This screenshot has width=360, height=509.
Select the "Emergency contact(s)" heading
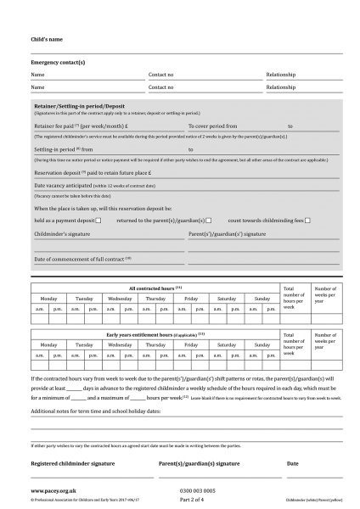tap(58, 64)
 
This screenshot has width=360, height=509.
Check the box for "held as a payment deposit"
tap(98, 220)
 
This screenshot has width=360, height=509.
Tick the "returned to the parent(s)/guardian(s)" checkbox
tap(208, 220)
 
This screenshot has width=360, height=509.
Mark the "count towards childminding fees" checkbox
tap(307, 220)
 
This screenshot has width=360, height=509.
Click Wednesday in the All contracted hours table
tap(120, 299)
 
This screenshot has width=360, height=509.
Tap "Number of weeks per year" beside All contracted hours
tap(326, 294)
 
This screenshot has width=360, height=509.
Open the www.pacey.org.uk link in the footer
tap(50, 490)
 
